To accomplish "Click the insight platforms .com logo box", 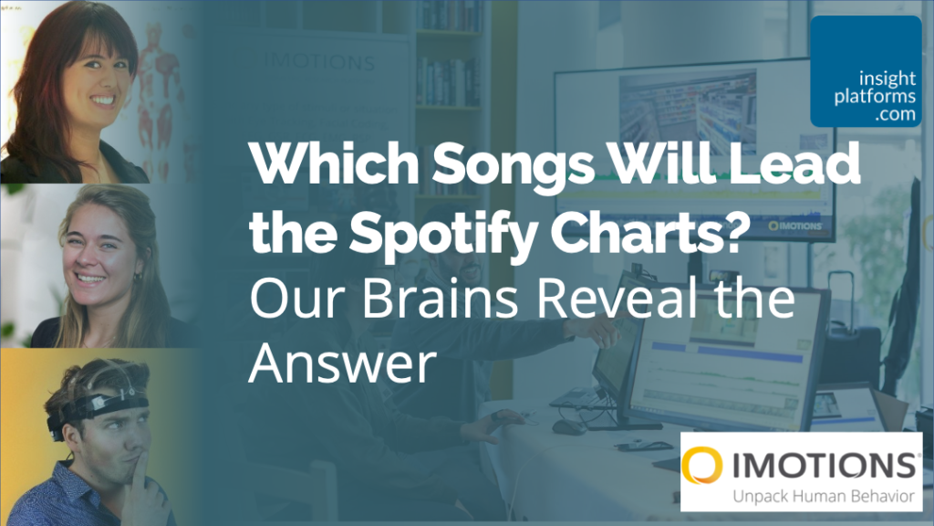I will pos(866,70).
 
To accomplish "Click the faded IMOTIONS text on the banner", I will pos(319,64).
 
